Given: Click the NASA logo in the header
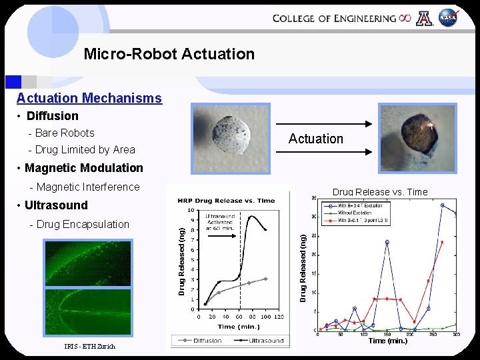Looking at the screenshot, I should [x=449, y=19].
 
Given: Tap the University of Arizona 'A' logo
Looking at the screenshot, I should [x=424, y=19].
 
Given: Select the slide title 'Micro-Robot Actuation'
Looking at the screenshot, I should [x=169, y=54].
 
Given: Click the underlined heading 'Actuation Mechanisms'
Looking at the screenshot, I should [x=89, y=98].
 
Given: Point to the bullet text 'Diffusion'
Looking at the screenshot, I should [x=53, y=116].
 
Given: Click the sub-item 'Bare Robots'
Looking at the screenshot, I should [x=65, y=133].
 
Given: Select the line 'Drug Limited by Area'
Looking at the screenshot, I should [x=85, y=150].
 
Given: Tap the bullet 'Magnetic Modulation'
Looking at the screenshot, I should [x=84, y=168].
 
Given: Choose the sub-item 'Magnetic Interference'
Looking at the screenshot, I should [x=87, y=187].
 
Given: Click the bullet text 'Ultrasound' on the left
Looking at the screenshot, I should [x=56, y=205].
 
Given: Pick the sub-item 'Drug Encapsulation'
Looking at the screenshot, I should [x=83, y=224].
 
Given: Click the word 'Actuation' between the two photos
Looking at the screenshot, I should [x=315, y=139].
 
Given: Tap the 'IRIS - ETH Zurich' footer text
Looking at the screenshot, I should [x=89, y=346].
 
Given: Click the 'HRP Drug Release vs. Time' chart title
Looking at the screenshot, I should [x=227, y=201].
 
